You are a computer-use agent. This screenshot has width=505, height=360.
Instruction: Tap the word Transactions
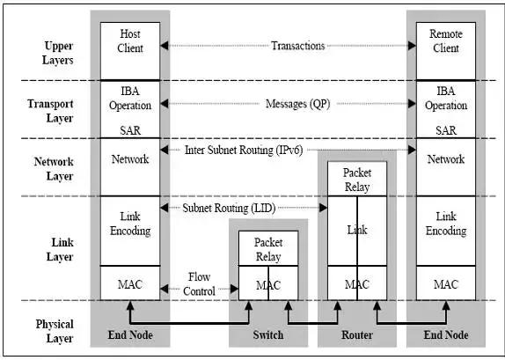coord(297,46)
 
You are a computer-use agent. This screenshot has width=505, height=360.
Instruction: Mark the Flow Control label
coord(200,284)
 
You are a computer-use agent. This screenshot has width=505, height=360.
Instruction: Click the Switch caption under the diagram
coord(268,335)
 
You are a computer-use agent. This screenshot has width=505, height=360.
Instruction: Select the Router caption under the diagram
coord(356,335)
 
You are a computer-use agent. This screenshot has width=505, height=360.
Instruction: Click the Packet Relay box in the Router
coord(356,178)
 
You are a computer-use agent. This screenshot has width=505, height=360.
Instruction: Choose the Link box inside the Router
coord(356,230)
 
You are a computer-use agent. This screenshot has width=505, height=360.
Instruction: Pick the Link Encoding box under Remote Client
coord(445,224)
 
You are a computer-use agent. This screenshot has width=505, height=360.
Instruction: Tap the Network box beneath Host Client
coord(130,159)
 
